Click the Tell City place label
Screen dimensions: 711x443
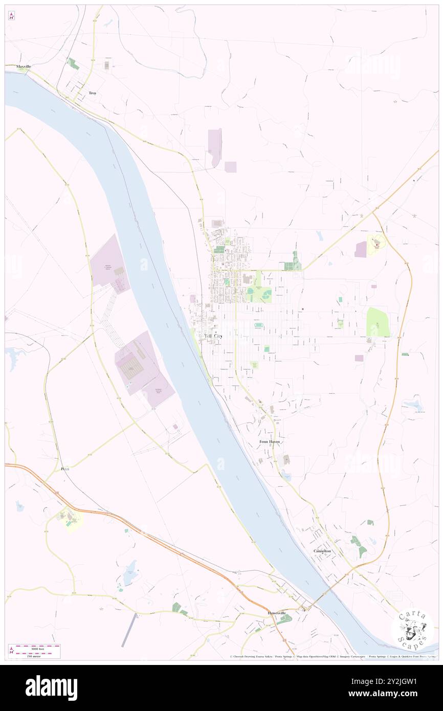[213, 336]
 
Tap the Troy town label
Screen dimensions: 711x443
[93, 93]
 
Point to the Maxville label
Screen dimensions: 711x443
[24, 66]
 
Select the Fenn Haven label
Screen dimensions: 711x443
[270, 441]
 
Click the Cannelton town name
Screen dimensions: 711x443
[322, 551]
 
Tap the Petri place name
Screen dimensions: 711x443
[65, 469]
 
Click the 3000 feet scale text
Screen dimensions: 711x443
[34, 648]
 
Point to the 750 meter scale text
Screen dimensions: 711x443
[34, 655]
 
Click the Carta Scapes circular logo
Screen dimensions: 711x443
[412, 629]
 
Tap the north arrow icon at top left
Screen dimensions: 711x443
[12, 16]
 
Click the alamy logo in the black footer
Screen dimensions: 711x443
[51, 688]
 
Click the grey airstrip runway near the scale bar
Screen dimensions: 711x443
[129, 630]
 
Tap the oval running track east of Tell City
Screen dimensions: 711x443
[259, 325]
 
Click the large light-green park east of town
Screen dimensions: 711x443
[378, 322]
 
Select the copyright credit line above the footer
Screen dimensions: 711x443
[333, 657]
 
